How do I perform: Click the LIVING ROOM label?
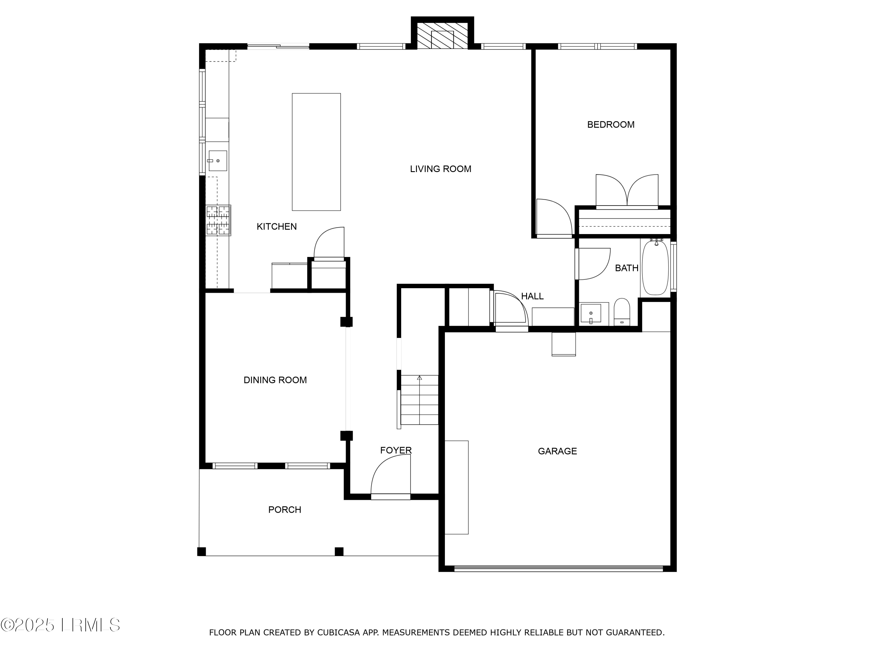click(440, 169)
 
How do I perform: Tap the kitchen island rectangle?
click(316, 152)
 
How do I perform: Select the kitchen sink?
click(217, 161)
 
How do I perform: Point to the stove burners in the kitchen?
click(218, 220)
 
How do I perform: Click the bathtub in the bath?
click(655, 268)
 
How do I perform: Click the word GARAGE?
click(557, 451)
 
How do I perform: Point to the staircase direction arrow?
click(419, 378)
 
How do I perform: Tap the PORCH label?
click(284, 510)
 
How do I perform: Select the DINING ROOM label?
click(275, 380)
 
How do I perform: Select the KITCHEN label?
click(276, 226)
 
